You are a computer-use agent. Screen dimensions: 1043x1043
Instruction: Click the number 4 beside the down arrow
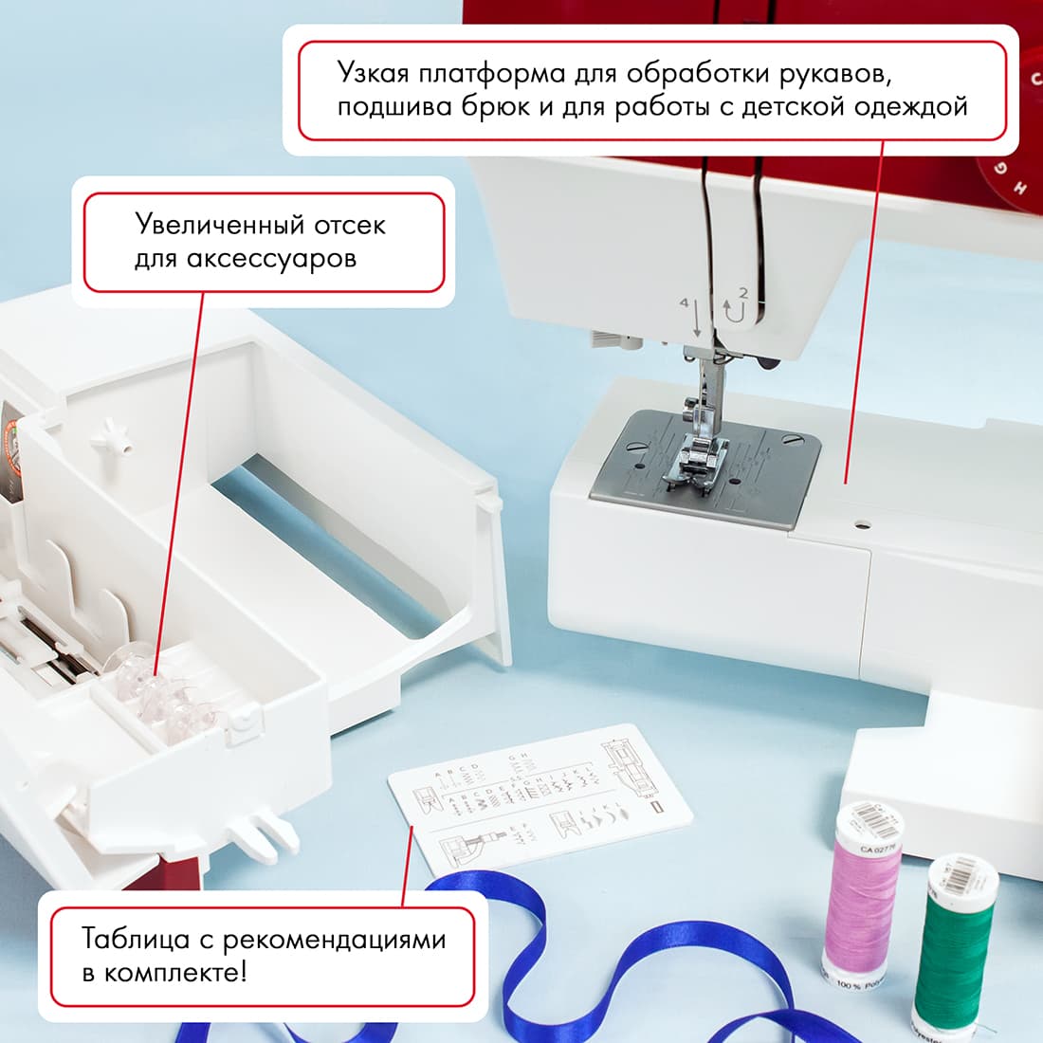point(684,302)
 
